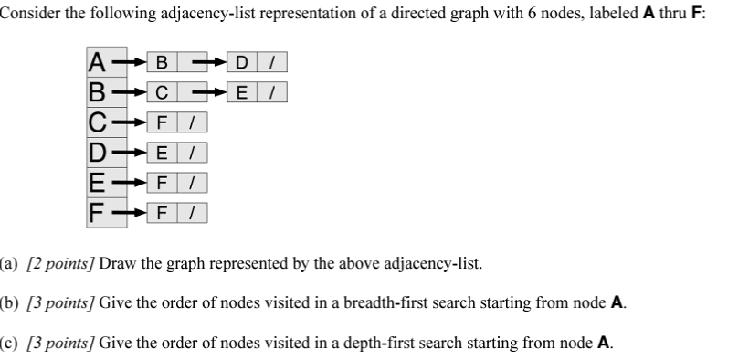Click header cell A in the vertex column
coord(96,63)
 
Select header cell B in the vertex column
coord(96,92)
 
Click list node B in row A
coord(163,63)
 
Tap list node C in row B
coord(163,92)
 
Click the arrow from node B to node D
coord(212,63)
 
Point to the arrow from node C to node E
coord(212,92)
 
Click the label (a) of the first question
coord(9,265)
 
